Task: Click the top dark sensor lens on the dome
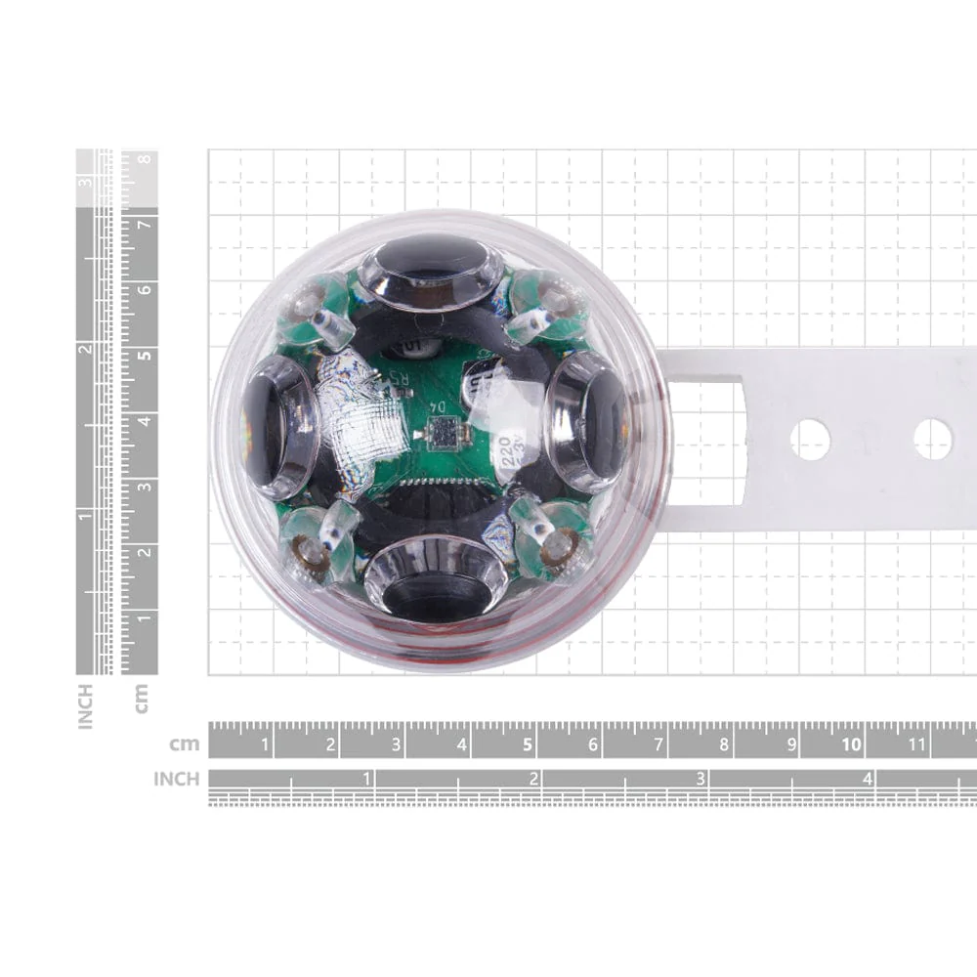[431, 260]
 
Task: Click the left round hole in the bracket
[810, 440]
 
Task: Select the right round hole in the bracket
[932, 440]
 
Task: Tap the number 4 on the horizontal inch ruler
[867, 780]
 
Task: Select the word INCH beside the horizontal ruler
[176, 780]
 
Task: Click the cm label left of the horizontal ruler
[184, 744]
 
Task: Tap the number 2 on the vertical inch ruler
[87, 350]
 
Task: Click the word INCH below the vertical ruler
[86, 705]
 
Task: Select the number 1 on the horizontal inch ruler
[367, 780]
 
